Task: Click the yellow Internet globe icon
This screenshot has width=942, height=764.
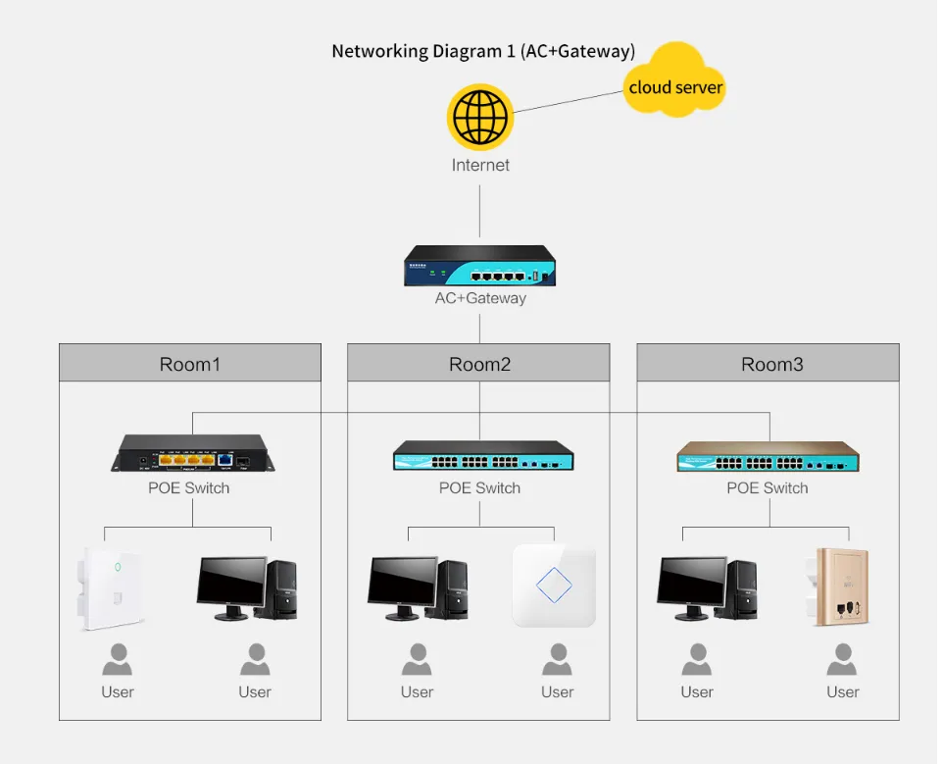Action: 480,117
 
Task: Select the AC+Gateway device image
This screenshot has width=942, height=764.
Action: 480,266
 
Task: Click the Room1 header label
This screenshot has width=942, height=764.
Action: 190,365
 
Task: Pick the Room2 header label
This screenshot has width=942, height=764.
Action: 479,365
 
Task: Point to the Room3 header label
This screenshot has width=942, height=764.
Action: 771,365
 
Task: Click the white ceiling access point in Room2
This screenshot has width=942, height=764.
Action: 554,586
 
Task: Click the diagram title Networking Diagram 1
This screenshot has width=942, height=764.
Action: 482,51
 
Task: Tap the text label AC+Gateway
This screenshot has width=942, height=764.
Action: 480,298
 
